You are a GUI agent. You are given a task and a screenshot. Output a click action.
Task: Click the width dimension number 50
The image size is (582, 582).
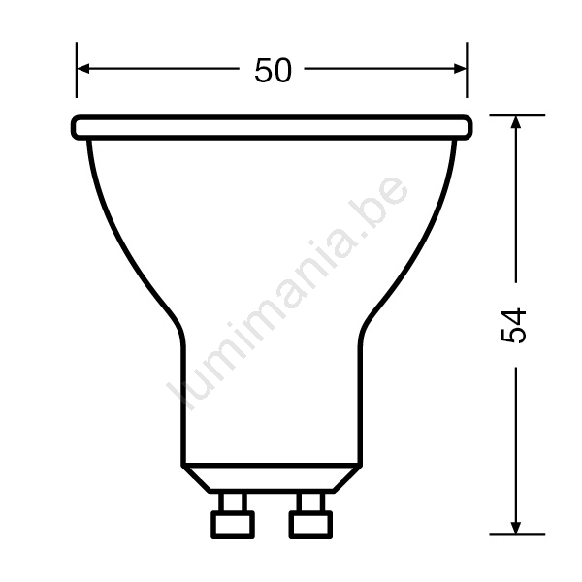point(273,71)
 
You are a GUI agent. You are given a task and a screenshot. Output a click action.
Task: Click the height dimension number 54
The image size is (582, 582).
point(513,325)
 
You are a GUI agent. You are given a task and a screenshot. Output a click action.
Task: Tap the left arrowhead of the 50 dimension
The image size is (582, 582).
point(82,69)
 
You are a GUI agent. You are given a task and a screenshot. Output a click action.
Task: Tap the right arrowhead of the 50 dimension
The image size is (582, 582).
point(460,69)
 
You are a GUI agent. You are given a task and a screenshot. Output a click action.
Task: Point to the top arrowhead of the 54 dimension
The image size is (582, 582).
point(516,122)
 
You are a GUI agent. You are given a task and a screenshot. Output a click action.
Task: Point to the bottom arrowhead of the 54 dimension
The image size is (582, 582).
point(516,529)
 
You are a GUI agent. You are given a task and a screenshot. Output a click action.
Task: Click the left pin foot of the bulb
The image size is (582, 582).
point(233,525)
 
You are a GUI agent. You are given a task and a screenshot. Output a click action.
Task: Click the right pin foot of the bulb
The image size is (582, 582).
point(310,525)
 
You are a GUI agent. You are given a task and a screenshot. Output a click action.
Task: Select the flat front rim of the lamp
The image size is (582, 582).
point(272,128)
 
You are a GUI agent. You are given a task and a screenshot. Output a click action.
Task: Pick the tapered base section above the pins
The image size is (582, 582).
point(272,478)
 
